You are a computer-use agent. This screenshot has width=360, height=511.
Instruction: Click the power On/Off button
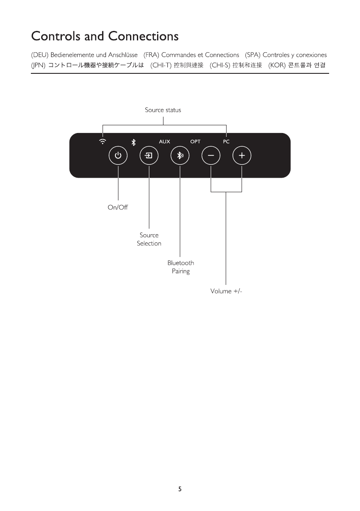[118, 156]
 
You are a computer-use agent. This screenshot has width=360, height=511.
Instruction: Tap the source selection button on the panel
[149, 156]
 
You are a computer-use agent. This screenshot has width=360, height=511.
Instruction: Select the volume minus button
[211, 156]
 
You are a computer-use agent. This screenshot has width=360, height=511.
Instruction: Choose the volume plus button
[242, 156]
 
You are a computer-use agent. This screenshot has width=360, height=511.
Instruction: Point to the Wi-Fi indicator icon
[103, 141]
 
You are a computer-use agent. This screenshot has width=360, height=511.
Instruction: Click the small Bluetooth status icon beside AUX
[133, 141]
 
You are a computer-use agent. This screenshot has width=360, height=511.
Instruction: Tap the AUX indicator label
[164, 141]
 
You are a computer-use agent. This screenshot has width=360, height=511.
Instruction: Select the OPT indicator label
[195, 141]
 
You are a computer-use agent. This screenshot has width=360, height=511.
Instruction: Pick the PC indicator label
[226, 141]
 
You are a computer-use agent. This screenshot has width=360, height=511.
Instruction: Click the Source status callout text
[163, 110]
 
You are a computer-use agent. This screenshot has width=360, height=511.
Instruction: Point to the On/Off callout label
[118, 208]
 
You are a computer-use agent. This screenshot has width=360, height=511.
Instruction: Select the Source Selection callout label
[149, 239]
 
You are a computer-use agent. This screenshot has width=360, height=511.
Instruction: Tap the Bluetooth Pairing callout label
[181, 267]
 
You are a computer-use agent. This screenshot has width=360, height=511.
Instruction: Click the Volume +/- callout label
[226, 291]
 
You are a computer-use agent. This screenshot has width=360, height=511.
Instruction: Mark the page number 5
[180, 489]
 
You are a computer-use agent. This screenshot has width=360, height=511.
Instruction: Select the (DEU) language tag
[40, 55]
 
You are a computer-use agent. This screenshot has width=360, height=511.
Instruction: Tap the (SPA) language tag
[253, 55]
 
